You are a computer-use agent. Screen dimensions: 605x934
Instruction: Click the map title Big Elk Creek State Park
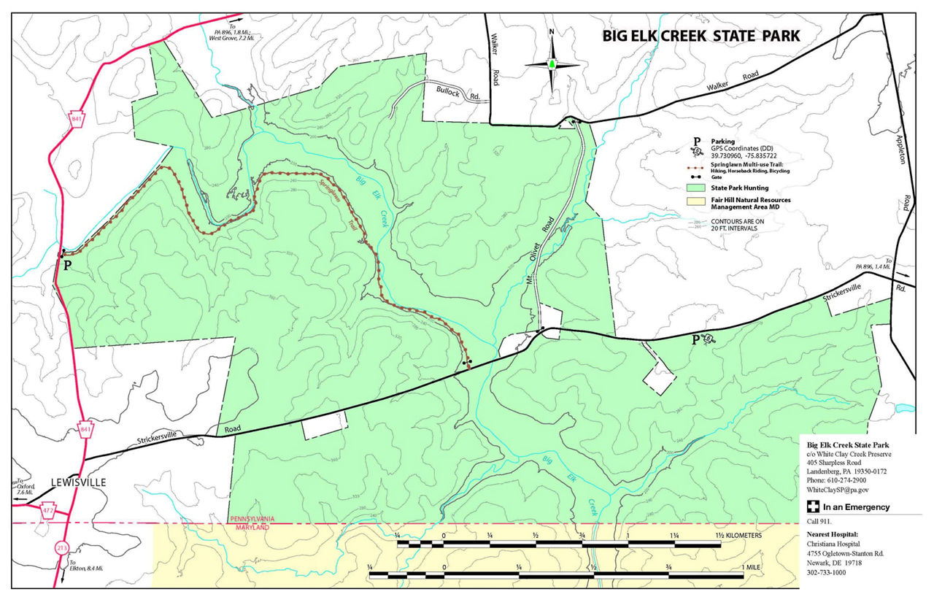[700, 36]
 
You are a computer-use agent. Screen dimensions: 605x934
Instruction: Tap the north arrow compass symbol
[552, 63]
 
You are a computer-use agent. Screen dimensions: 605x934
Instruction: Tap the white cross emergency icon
[812, 507]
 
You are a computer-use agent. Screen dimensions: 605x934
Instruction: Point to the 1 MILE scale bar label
[754, 567]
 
